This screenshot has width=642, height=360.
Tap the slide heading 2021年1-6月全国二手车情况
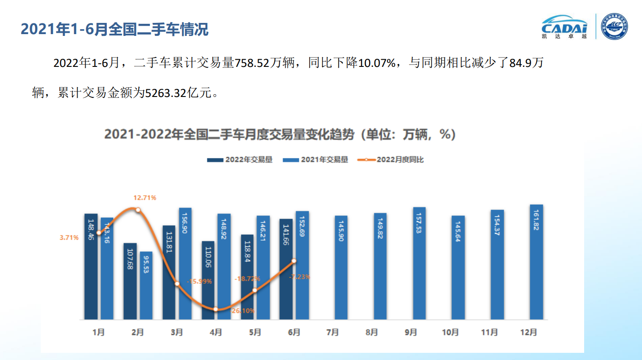coord(115,29)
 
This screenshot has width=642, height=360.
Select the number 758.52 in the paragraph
coord(252,63)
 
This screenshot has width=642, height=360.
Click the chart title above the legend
coord(280,134)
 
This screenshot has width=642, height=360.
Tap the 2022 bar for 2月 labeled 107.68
coord(130,281)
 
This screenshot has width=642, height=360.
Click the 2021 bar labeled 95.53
coord(146,285)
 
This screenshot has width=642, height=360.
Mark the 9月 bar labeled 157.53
coord(419,263)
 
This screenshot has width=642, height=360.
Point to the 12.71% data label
coord(144,198)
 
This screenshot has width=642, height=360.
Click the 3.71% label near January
coord(69,237)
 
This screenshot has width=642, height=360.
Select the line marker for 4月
coord(216,309)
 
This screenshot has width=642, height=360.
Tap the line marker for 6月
coord(294,261)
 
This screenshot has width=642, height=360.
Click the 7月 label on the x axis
coord(333,333)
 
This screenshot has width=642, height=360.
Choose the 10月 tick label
coord(450,333)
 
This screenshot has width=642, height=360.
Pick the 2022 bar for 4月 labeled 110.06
coord(208,280)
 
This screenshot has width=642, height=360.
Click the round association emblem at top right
coord(615,26)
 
